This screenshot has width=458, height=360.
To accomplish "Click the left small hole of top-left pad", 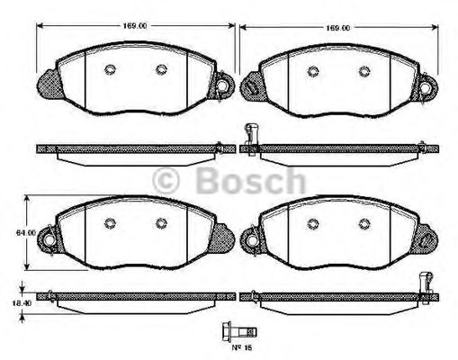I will [x=109, y=71].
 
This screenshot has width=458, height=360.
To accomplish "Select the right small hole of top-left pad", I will [x=161, y=71].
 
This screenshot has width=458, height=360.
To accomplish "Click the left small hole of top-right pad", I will [x=312, y=71].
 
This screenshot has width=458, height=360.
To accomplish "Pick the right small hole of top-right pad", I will [x=364, y=71].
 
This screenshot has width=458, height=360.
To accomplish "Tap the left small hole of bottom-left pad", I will [x=109, y=224].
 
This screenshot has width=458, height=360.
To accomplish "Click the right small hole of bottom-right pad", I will [x=364, y=224].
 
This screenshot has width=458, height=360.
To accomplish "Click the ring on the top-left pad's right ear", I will [x=222, y=85].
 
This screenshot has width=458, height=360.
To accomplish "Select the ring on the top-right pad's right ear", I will [x=426, y=85].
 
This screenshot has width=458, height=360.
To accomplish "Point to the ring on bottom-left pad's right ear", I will [x=222, y=238].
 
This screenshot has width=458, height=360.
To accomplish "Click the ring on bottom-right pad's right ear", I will [x=426, y=238].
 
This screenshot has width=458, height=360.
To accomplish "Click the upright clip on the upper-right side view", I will [x=250, y=137].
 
